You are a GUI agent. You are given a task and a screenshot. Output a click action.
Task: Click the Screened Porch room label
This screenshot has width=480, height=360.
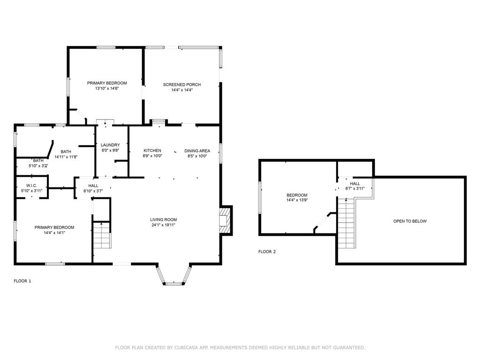[182, 85]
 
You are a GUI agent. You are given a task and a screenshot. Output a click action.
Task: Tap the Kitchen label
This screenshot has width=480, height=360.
[152, 150]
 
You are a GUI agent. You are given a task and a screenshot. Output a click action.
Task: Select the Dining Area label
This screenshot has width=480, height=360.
[197, 150]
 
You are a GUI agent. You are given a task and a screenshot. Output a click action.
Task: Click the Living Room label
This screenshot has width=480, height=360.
[163, 219]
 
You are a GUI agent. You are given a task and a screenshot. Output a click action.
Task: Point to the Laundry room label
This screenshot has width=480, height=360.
[110, 145]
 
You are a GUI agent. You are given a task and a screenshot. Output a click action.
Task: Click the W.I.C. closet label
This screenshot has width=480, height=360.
[32, 186]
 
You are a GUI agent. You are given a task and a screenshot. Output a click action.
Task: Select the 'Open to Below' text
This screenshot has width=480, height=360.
[410, 221]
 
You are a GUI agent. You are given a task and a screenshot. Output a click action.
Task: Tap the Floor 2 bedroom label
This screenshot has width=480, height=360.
[297, 195]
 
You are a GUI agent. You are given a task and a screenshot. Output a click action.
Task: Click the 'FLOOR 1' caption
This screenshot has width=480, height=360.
[22, 281]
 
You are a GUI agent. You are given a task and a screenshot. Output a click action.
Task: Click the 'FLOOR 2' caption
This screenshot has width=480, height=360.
[267, 252]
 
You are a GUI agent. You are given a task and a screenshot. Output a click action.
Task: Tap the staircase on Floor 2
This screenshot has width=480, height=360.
[346, 223]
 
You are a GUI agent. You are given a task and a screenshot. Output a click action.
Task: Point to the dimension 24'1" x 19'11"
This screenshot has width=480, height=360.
[163, 225]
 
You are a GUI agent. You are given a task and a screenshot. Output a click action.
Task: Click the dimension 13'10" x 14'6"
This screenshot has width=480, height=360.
[107, 89]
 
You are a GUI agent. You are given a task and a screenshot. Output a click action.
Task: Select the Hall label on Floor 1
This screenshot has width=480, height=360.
[93, 186]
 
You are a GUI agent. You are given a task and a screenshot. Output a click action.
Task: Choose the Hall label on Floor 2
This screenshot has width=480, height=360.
[355, 183]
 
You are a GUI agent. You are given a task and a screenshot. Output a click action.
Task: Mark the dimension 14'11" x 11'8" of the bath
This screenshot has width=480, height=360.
[66, 157]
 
